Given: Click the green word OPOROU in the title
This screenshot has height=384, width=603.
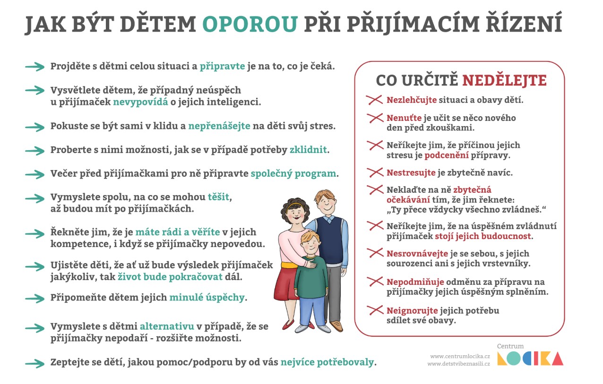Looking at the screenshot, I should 250,25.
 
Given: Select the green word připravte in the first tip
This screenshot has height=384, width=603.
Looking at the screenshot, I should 222,66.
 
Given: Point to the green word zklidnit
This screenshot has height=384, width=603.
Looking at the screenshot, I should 309,150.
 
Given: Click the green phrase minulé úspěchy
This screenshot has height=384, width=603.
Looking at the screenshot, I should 207,298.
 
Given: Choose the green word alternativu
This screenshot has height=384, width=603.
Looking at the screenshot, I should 167,327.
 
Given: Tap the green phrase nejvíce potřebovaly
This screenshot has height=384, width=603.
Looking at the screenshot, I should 327,362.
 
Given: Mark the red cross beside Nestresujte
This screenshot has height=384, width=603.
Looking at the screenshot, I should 375,172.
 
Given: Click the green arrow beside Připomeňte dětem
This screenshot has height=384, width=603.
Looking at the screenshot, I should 34,298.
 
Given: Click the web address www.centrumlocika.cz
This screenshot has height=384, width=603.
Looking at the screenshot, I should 459,356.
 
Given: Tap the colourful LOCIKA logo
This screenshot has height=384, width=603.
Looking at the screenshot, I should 530,358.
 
